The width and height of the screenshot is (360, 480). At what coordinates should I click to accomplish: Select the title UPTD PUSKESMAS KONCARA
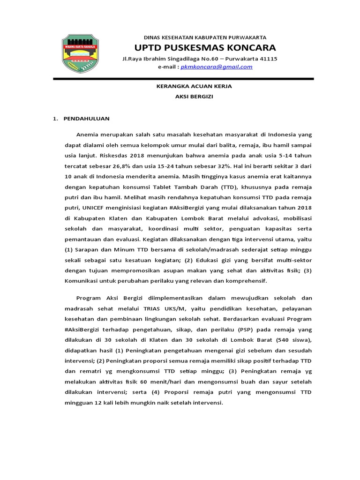point(205,48)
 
